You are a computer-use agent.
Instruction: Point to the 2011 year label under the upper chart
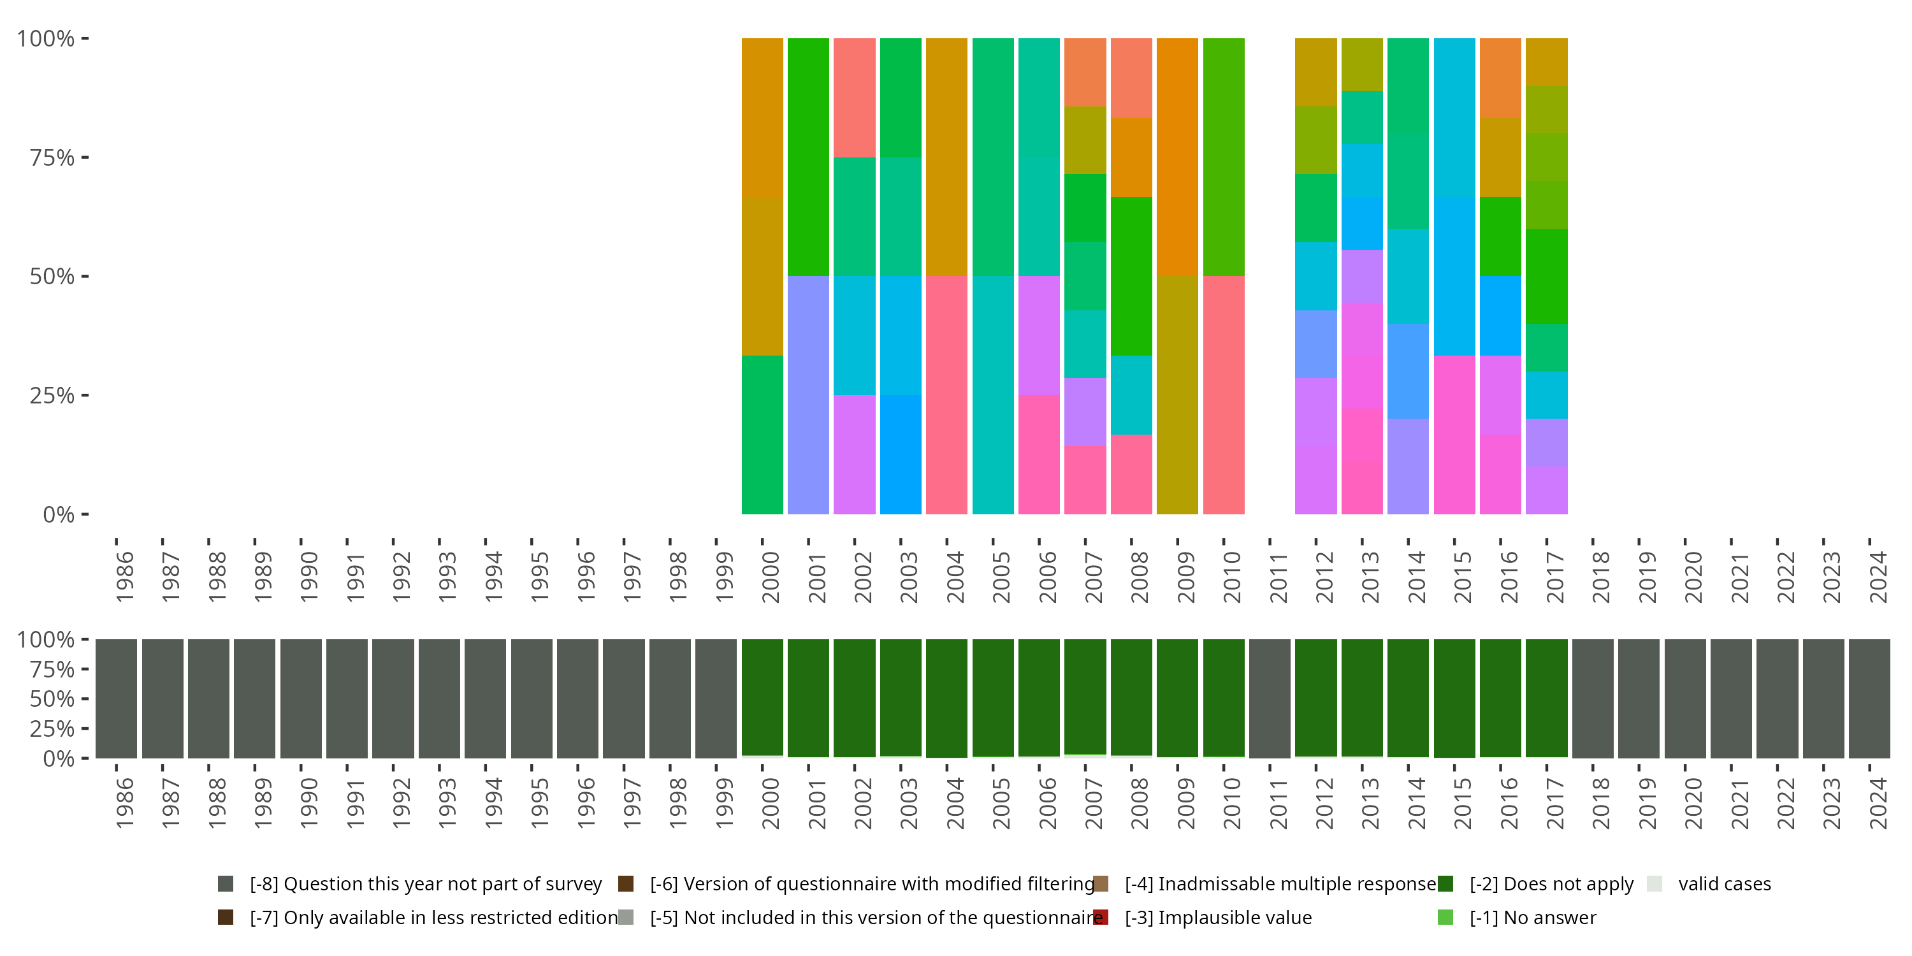pyautogui.click(x=1277, y=577)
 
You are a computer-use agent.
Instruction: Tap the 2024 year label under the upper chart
pyautogui.click(x=1877, y=577)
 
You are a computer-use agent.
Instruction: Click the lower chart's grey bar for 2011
pyautogui.click(x=1269, y=698)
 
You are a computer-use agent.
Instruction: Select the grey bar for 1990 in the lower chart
pyautogui.click(x=301, y=698)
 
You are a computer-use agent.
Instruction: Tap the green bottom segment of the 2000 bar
pyautogui.click(x=762, y=435)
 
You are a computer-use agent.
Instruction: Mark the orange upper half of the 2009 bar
pyautogui.click(x=1177, y=157)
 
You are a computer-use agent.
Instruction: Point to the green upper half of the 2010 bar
pyautogui.click(x=1223, y=157)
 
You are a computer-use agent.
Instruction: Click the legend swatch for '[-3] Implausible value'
pyautogui.click(x=1101, y=917)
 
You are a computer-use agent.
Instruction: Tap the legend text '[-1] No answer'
pyautogui.click(x=1533, y=917)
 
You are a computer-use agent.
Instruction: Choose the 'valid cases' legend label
pyautogui.click(x=1724, y=884)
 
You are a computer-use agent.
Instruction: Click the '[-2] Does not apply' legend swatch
pyautogui.click(x=1445, y=884)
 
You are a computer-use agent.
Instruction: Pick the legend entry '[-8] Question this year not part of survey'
pyautogui.click(x=425, y=884)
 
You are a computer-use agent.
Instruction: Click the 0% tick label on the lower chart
pyautogui.click(x=58, y=758)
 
